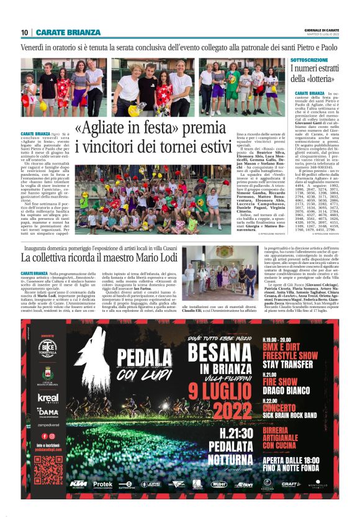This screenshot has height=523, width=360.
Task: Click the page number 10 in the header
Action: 24,32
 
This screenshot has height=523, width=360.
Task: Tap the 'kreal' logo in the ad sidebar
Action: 47,398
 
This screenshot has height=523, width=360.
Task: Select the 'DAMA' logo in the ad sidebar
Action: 48,412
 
